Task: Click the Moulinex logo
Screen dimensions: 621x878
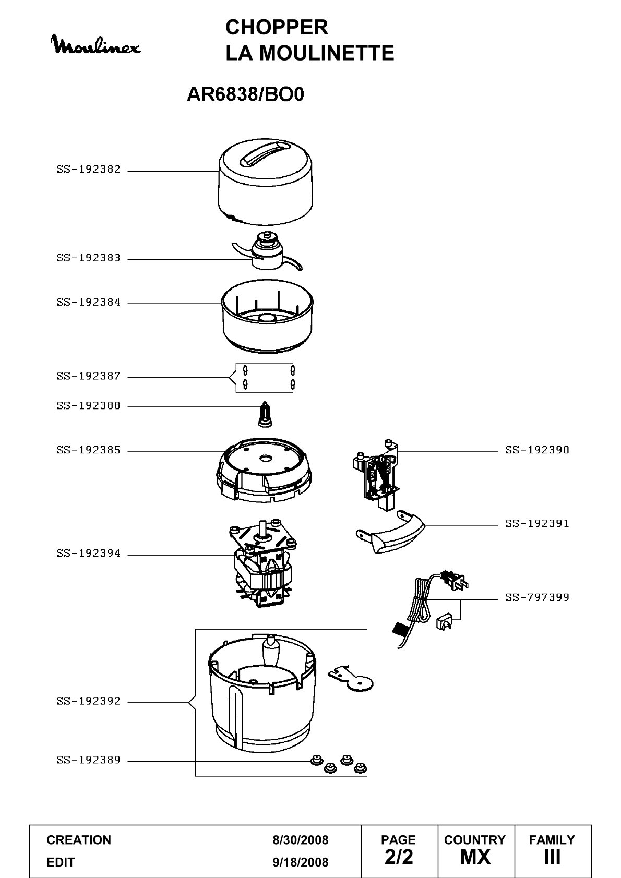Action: tap(97, 44)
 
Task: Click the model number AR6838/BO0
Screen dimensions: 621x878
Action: tap(245, 94)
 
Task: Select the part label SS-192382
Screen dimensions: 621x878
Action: tap(88, 170)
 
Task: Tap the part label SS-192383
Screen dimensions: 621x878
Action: tap(88, 258)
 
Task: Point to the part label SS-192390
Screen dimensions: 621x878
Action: tap(536, 450)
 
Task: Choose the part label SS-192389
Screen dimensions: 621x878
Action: tap(88, 760)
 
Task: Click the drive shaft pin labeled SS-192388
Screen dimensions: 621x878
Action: tap(266, 414)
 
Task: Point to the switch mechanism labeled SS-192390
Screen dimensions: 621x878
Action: tap(376, 475)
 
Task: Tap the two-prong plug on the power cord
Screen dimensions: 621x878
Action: tap(455, 581)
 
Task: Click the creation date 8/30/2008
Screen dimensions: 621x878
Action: tap(300, 840)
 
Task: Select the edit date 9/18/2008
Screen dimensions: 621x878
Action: tap(300, 862)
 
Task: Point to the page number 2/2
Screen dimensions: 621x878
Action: tap(399, 857)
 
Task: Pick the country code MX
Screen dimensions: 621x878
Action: tap(475, 857)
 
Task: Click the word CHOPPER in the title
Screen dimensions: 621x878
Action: tap(277, 28)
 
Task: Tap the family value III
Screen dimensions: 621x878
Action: tap(552, 857)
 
